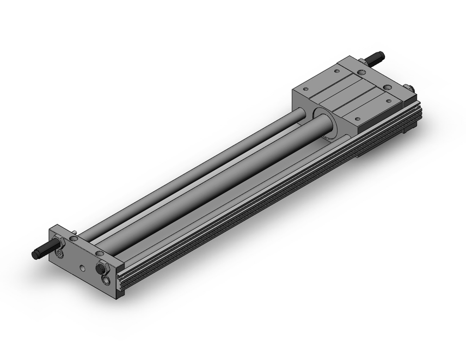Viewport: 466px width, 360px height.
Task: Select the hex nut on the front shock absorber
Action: pyautogui.click(x=60, y=243)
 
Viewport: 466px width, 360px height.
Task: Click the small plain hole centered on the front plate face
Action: pyautogui.click(x=82, y=268)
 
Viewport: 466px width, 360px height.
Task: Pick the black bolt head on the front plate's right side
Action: pyautogui.click(x=101, y=269)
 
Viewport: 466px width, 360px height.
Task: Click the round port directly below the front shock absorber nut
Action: pyautogui.click(x=59, y=253)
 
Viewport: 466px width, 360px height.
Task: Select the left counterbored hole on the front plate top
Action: pyautogui.click(x=74, y=238)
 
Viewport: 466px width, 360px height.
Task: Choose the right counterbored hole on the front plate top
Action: pyautogui.click(x=99, y=253)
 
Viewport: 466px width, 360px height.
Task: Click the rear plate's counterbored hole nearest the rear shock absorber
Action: pyautogui.click(x=362, y=72)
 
